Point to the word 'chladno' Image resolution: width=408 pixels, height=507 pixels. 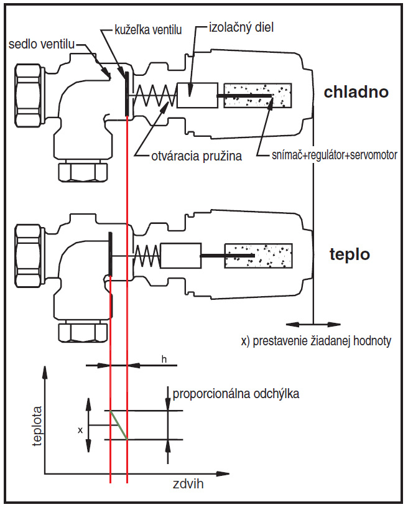(x=356, y=92)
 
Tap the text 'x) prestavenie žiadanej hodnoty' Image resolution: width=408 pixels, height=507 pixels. (x=316, y=342)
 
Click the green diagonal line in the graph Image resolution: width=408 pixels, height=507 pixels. (x=118, y=425)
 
